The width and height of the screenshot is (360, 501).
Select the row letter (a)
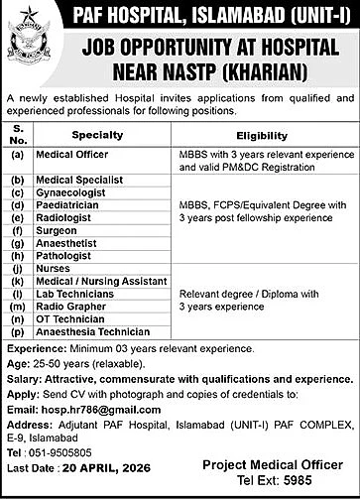coord(17,156)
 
